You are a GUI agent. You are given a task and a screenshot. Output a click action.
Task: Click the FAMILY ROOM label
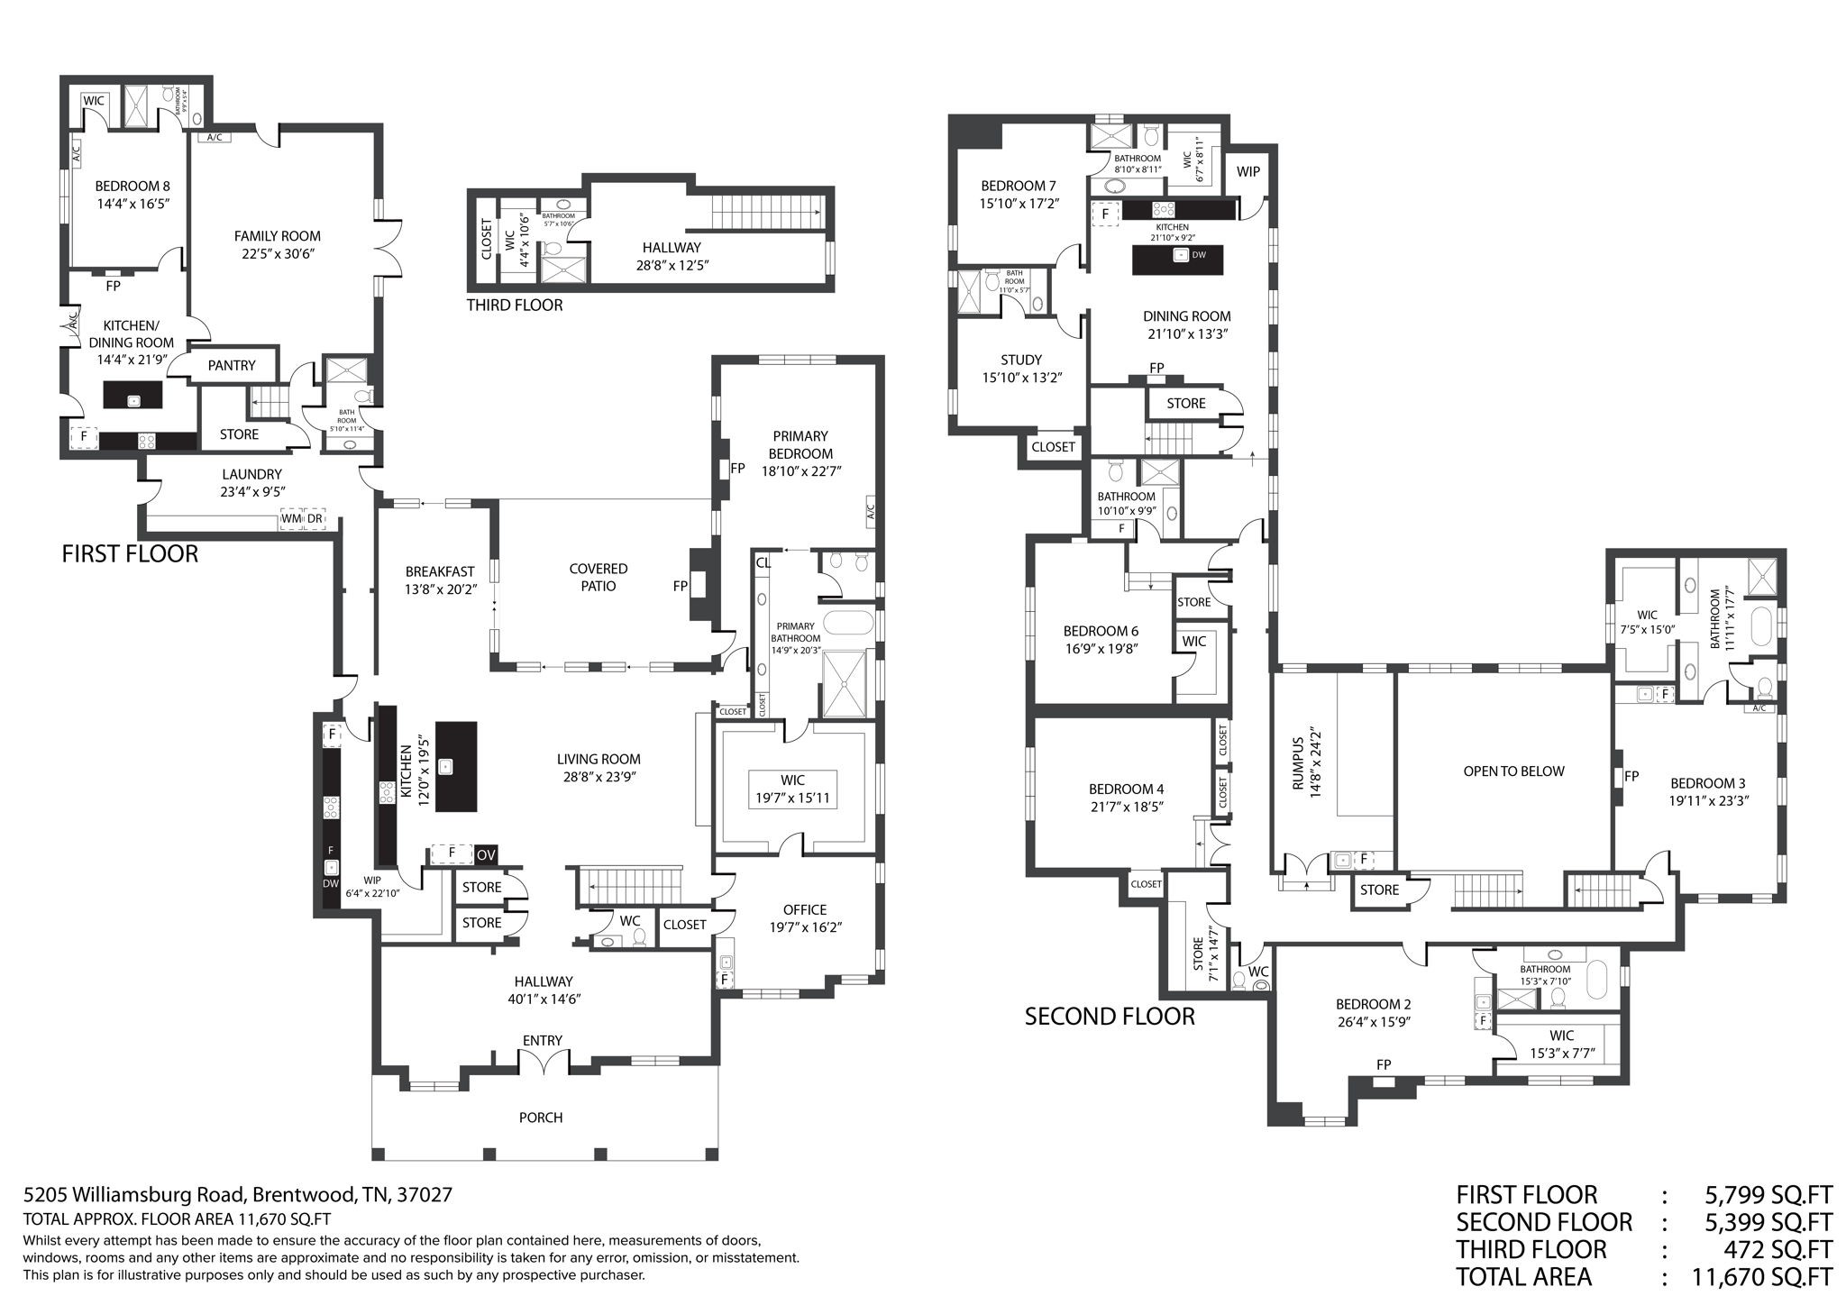coord(277,236)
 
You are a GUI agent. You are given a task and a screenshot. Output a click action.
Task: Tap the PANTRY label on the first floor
coord(232,365)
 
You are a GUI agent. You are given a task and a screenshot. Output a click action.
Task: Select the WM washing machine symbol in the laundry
coord(291,521)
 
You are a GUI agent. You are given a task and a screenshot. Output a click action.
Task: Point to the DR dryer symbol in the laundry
coord(315,521)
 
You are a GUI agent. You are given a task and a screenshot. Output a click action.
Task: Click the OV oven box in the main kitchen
coord(486,854)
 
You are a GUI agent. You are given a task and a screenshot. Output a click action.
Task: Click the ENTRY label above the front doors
coord(543,1040)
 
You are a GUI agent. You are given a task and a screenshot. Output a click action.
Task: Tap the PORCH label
coord(541,1118)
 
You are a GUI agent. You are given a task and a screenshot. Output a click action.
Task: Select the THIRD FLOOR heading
coord(514,306)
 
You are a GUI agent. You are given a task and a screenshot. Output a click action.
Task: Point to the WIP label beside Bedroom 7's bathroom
coord(1247,171)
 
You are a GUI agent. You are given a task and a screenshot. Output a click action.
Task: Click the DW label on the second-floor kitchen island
coord(1198,255)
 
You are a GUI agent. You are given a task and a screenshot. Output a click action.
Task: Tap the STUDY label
coord(1021,360)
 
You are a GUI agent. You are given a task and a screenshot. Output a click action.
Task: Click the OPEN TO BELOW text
coord(1513,771)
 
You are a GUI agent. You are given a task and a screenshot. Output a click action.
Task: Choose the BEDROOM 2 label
coord(1373,1004)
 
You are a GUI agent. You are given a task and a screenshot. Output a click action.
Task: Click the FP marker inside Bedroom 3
coord(1631,776)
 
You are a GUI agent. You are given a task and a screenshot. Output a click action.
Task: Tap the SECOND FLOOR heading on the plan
coord(1110,1017)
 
